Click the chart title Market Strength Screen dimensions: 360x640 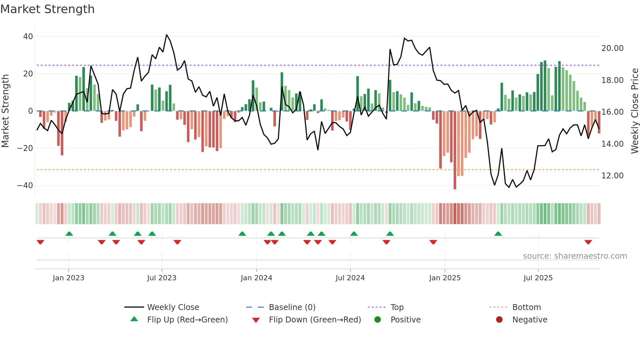(x=48, y=9)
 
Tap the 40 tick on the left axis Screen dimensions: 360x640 (x=28, y=37)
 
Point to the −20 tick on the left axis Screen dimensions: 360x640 (x=25, y=148)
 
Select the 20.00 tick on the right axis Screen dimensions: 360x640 (x=612, y=48)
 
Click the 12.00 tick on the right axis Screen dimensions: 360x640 (x=612, y=176)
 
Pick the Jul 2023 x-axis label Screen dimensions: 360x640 (x=162, y=278)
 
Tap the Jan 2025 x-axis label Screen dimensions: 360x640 (x=445, y=278)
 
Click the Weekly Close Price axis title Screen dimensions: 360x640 (x=634, y=111)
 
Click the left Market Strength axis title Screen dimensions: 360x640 (x=5, y=111)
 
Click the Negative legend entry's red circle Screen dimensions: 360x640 (x=499, y=319)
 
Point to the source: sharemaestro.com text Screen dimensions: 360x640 (x=575, y=256)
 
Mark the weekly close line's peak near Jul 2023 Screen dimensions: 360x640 (x=167, y=35)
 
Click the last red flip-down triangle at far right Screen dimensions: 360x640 (x=588, y=242)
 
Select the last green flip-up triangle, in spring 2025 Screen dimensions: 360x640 (x=498, y=234)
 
